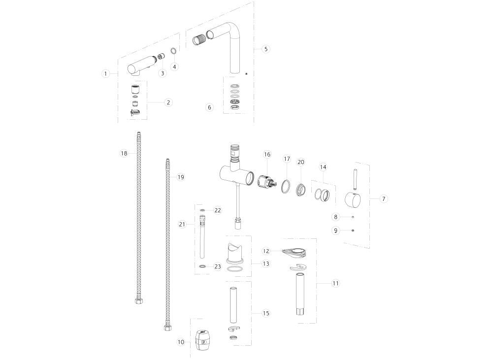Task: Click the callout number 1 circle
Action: pyautogui.click(x=105, y=74)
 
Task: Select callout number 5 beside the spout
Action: pyautogui.click(x=266, y=49)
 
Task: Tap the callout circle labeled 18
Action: pyautogui.click(x=124, y=153)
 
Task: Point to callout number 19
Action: pyautogui.click(x=181, y=177)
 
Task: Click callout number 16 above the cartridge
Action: pyautogui.click(x=267, y=155)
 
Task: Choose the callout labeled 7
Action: pyautogui.click(x=384, y=199)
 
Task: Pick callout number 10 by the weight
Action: pyautogui.click(x=181, y=342)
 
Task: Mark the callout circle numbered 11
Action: pyautogui.click(x=335, y=283)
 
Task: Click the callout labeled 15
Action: pyautogui.click(x=266, y=313)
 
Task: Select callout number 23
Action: pyautogui.click(x=218, y=266)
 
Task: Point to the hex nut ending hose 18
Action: pyautogui.click(x=137, y=300)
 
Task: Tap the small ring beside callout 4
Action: pyautogui.click(x=173, y=51)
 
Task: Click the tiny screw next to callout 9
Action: pyautogui.click(x=353, y=230)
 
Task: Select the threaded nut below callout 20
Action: pyautogui.click(x=301, y=189)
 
